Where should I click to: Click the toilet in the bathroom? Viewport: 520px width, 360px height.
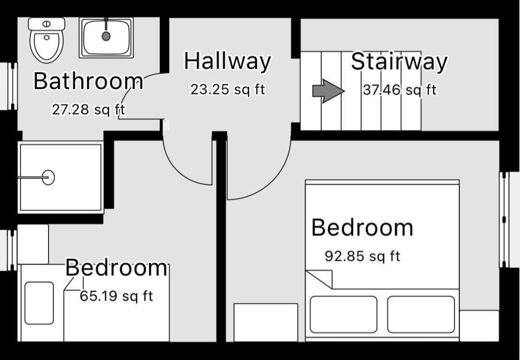[x=46, y=40]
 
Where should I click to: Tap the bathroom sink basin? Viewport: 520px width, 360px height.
[x=106, y=37]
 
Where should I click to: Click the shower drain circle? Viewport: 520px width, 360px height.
[x=49, y=177]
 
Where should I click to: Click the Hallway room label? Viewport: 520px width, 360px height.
[x=228, y=61]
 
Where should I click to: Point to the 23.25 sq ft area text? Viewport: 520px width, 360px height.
[x=228, y=90]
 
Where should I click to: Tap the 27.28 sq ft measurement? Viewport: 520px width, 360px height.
[x=88, y=109]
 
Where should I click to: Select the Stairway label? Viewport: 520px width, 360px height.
[x=399, y=62]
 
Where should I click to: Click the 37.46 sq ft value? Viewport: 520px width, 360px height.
[x=399, y=90]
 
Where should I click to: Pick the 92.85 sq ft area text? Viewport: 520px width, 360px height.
[x=363, y=256]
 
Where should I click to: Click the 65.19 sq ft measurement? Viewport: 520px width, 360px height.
[x=116, y=296]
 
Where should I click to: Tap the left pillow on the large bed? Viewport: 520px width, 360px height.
[x=343, y=315]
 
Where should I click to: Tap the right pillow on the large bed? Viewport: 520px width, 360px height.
[x=421, y=315]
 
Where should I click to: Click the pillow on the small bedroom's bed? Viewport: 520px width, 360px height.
[x=39, y=303]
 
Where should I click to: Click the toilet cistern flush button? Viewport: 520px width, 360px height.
[x=46, y=24]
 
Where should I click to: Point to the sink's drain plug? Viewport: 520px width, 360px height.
[x=106, y=36]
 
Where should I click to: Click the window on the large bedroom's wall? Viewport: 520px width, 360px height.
[x=505, y=220]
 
